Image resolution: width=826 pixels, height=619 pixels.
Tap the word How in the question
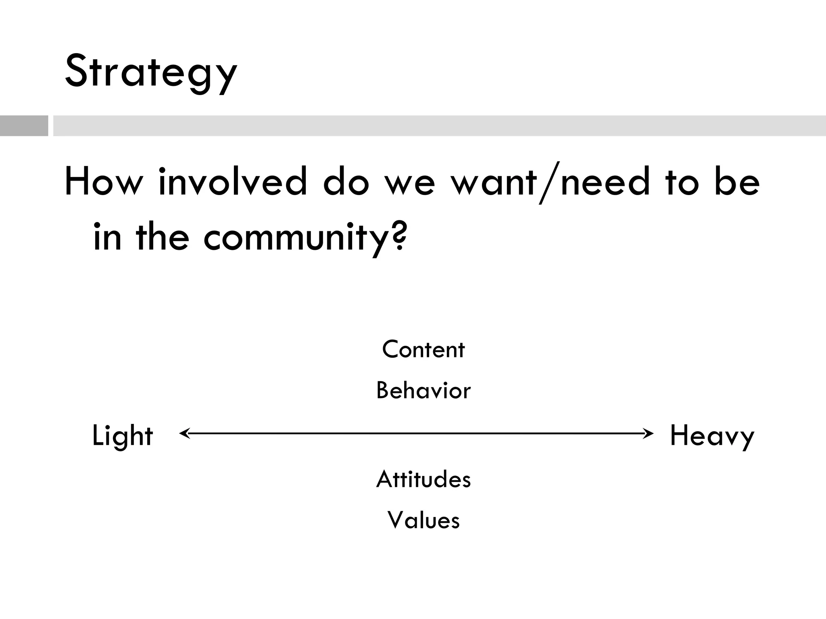(104, 182)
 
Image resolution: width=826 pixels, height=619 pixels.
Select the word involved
(233, 182)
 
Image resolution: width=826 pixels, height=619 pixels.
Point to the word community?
(305, 238)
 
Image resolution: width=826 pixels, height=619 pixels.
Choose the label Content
(423, 349)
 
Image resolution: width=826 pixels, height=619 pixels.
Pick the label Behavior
(423, 391)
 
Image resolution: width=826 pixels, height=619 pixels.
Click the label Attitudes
(423, 480)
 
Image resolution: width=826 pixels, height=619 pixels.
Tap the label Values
(423, 520)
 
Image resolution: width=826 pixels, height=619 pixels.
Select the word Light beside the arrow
(123, 436)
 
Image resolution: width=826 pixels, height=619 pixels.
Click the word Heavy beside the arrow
(712, 436)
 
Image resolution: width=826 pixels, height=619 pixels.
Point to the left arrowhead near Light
(184, 434)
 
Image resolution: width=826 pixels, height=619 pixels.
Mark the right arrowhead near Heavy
(649, 434)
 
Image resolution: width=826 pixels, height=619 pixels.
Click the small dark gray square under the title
(24, 126)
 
